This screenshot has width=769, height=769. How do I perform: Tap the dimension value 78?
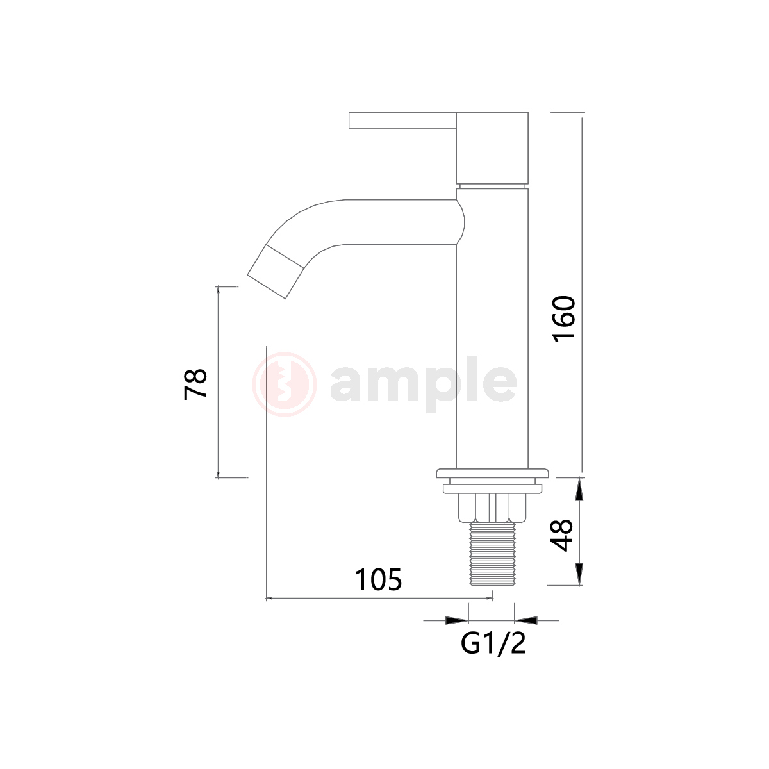(195, 384)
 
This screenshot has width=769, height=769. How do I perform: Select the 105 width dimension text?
(378, 580)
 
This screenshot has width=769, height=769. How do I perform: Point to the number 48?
(561, 536)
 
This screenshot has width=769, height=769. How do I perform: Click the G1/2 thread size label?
(493, 643)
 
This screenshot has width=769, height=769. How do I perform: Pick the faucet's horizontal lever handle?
(402, 120)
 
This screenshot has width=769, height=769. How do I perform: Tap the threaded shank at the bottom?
(493, 554)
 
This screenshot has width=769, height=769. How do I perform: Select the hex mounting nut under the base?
(492, 508)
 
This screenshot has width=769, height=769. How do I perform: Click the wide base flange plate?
(492, 474)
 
